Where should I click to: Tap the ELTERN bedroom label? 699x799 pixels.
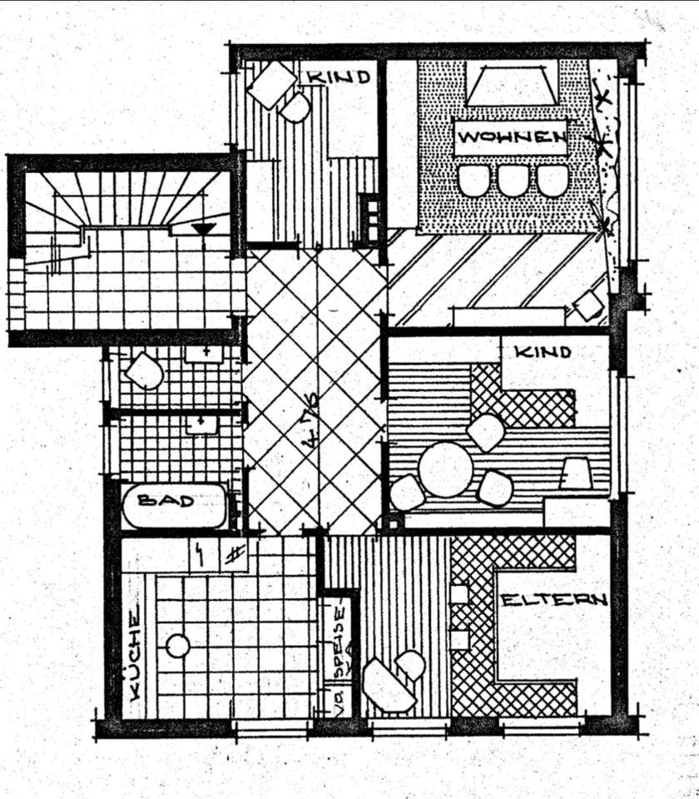(x=553, y=599)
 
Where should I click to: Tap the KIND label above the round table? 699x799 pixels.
(x=543, y=352)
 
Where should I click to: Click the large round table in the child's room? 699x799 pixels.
(x=445, y=469)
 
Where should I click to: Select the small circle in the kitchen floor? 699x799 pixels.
(x=177, y=645)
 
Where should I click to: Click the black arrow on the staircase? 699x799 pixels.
(x=203, y=229)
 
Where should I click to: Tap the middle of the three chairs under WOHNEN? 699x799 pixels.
(x=513, y=180)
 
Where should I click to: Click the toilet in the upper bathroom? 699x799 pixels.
(x=144, y=371)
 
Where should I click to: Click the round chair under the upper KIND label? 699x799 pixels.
(x=295, y=107)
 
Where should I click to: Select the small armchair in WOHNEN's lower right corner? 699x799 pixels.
(x=589, y=305)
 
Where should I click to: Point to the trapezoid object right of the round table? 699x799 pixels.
(x=576, y=474)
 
